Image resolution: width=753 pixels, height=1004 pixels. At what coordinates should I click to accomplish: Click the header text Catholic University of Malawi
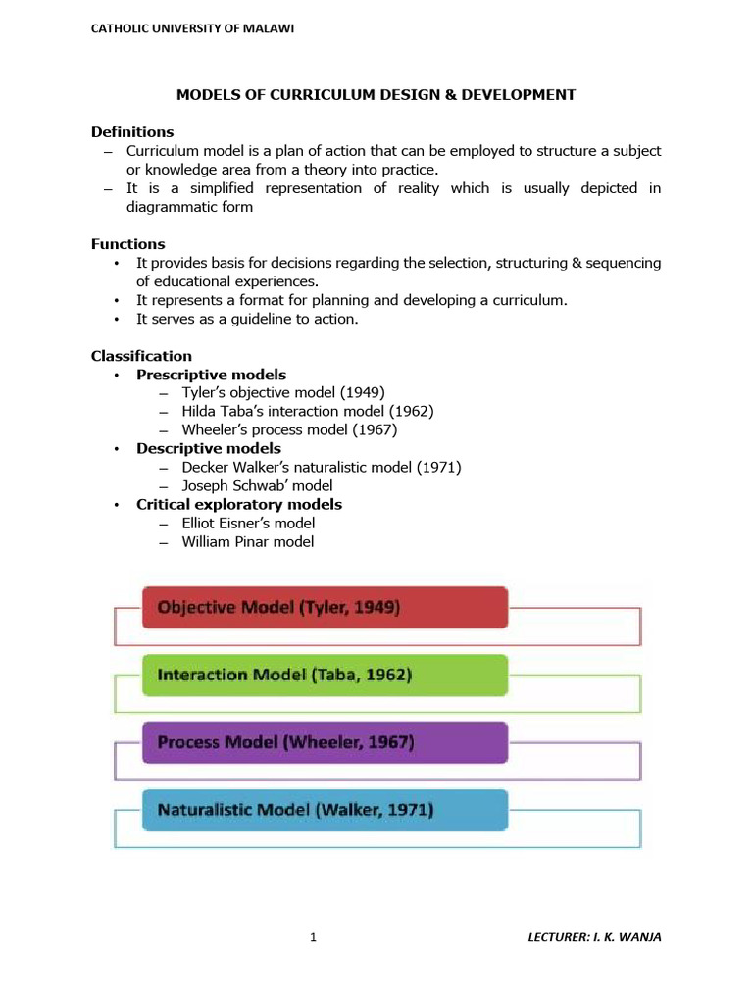pyautogui.click(x=192, y=28)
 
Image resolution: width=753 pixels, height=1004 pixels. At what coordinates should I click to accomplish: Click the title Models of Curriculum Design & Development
pyautogui.click(x=376, y=95)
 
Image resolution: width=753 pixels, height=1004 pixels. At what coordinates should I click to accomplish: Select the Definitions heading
pyautogui.click(x=132, y=132)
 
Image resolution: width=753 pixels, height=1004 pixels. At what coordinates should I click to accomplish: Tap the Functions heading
pyautogui.click(x=128, y=244)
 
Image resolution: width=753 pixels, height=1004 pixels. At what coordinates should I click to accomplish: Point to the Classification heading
pyautogui.click(x=141, y=356)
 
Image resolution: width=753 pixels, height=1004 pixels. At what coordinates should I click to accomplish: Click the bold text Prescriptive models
pyautogui.click(x=211, y=375)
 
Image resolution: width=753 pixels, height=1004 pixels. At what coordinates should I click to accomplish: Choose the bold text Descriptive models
pyautogui.click(x=208, y=449)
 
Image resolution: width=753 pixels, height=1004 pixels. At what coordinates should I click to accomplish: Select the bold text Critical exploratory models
pyautogui.click(x=239, y=505)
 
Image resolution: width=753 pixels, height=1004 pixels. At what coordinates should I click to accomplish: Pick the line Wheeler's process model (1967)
pyautogui.click(x=289, y=430)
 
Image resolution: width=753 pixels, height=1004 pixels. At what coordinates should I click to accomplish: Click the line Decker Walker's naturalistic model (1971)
pyautogui.click(x=321, y=468)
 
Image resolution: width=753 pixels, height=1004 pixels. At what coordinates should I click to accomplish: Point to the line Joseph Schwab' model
pyautogui.click(x=257, y=486)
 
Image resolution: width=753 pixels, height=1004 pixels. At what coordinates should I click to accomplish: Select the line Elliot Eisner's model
pyautogui.click(x=248, y=524)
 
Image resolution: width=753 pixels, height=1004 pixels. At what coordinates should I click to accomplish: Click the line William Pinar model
pyautogui.click(x=248, y=542)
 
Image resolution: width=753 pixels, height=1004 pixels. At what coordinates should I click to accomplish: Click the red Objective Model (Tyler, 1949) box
pyautogui.click(x=325, y=608)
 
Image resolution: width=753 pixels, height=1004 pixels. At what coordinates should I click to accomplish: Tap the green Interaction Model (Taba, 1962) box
pyautogui.click(x=325, y=676)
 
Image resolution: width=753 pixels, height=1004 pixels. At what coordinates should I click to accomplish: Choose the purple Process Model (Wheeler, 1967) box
pyautogui.click(x=325, y=743)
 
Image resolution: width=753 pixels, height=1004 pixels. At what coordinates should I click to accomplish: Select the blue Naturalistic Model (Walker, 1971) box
pyautogui.click(x=325, y=810)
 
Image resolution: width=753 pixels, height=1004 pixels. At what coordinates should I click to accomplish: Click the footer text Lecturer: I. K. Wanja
pyautogui.click(x=594, y=938)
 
